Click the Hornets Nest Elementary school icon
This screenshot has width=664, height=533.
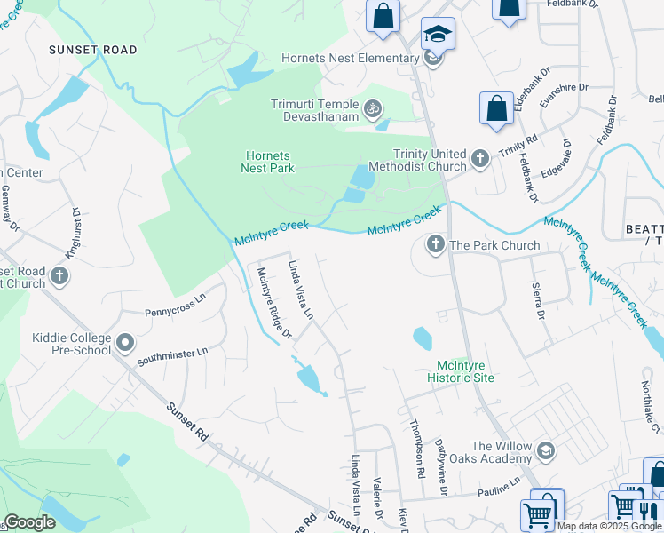click(433, 59)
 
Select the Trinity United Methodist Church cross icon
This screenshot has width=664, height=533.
click(480, 159)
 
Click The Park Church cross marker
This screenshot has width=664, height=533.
click(436, 244)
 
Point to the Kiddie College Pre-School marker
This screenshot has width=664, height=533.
click(125, 342)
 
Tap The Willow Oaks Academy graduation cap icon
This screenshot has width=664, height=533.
click(545, 451)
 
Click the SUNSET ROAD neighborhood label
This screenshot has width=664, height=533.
click(93, 50)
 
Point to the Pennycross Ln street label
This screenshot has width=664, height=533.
click(175, 306)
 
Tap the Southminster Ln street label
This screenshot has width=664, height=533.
click(172, 356)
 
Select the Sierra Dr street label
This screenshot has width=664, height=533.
click(536, 301)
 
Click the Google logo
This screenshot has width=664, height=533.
click(29, 522)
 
